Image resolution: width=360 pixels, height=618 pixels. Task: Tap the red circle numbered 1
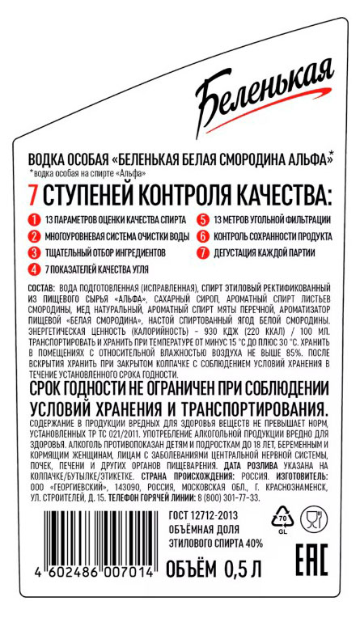(34, 219)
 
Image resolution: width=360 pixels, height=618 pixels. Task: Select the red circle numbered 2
(34, 236)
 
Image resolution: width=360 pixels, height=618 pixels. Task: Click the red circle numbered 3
(34, 252)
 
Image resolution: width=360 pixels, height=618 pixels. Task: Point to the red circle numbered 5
(202, 219)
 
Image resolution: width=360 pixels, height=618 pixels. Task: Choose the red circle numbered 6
(202, 236)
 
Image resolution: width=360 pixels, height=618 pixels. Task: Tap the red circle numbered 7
(202, 252)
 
